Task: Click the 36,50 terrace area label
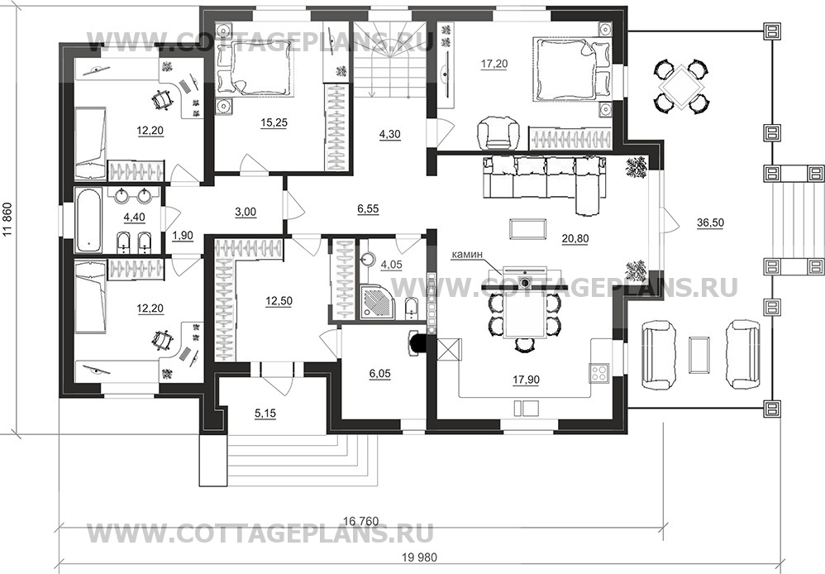(710, 222)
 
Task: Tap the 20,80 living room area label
(575, 238)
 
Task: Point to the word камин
(465, 255)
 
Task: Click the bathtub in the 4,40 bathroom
(88, 220)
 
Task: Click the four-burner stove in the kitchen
(599, 373)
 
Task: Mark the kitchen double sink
(526, 409)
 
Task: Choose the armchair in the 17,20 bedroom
(498, 132)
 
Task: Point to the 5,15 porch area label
(265, 414)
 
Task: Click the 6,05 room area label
(379, 375)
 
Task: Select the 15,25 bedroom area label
(274, 122)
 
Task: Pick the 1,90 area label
(183, 236)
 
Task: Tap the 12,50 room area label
(279, 301)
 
